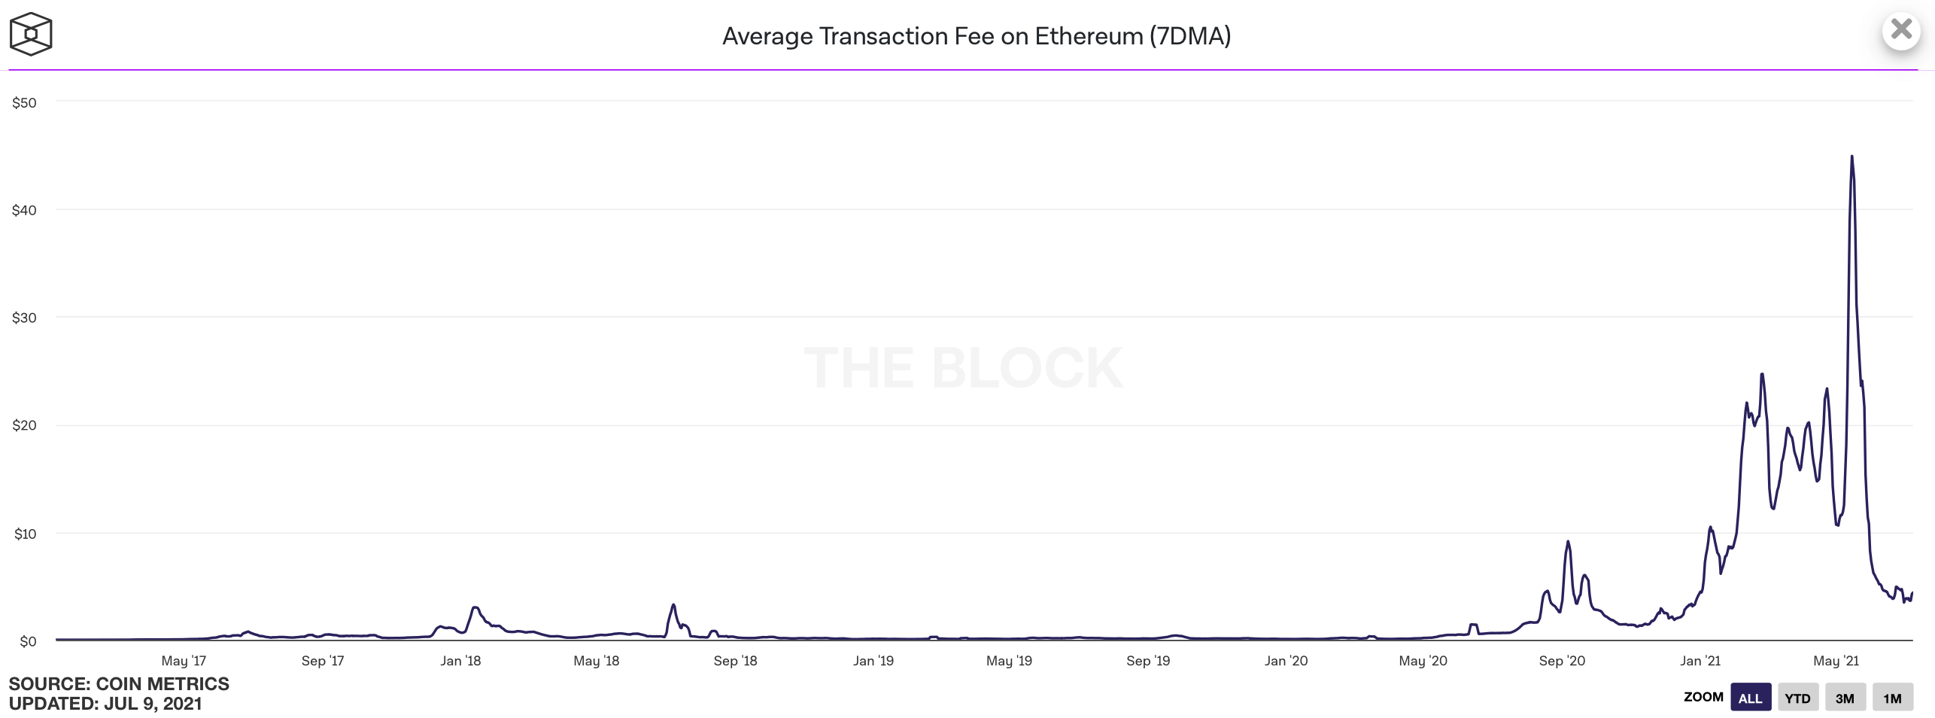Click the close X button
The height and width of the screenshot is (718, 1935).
pyautogui.click(x=1901, y=30)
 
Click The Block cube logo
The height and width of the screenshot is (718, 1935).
pyautogui.click(x=31, y=34)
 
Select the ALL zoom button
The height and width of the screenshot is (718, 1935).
pyautogui.click(x=1750, y=698)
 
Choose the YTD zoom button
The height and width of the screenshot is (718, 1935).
pyautogui.click(x=1797, y=698)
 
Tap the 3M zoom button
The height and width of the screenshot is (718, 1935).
pyautogui.click(x=1845, y=698)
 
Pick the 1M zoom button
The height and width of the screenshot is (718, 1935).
pyautogui.click(x=1892, y=698)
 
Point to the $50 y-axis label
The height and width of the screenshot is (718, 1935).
pyautogui.click(x=24, y=102)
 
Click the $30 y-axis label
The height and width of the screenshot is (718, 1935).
pyautogui.click(x=24, y=318)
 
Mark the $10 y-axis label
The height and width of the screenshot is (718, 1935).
pyautogui.click(x=24, y=534)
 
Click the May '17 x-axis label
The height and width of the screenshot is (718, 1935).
pyautogui.click(x=184, y=661)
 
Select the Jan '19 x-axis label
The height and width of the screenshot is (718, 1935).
pyautogui.click(x=873, y=661)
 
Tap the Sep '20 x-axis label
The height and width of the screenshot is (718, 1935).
pyautogui.click(x=1562, y=661)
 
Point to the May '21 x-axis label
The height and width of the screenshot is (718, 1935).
pyautogui.click(x=1836, y=661)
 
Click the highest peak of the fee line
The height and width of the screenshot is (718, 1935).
pyautogui.click(x=1851, y=157)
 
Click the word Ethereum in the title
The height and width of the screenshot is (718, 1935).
pyautogui.click(x=1089, y=36)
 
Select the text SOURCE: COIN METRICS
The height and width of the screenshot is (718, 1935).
pyautogui.click(x=119, y=683)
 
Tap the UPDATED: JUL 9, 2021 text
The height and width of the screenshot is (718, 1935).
pyautogui.click(x=105, y=704)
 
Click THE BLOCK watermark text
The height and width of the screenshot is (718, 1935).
pyautogui.click(x=964, y=368)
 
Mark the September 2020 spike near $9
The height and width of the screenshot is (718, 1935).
pyautogui.click(x=1568, y=542)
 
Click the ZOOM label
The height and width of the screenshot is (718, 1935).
pyautogui.click(x=1703, y=697)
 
